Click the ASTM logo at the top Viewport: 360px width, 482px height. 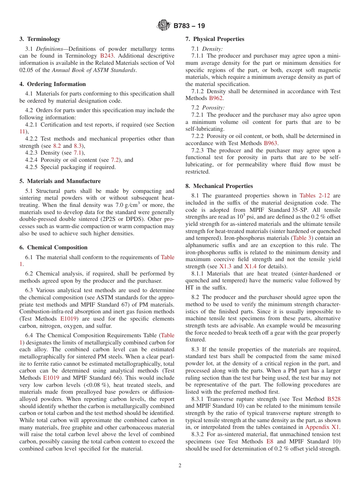click(x=164, y=26)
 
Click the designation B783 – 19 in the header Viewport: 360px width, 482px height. click(x=189, y=26)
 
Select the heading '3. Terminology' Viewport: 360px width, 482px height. click(x=40, y=39)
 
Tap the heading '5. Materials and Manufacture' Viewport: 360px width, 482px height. click(x=60, y=181)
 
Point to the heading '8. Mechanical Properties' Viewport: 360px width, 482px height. click(x=219, y=186)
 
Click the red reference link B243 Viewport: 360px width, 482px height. click(x=107, y=56)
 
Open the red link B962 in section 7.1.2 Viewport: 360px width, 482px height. click(x=216, y=98)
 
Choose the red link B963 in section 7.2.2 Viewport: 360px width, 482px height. click(x=271, y=143)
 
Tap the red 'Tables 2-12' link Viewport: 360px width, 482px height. click(x=315, y=196)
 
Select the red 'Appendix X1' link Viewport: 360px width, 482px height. click(x=322, y=427)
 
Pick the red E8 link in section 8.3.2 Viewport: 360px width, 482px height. click(x=270, y=441)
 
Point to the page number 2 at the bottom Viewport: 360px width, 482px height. click(x=180, y=466)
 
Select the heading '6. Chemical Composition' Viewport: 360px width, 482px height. click(x=53, y=247)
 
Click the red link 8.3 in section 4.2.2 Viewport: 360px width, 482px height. click(x=78, y=146)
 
